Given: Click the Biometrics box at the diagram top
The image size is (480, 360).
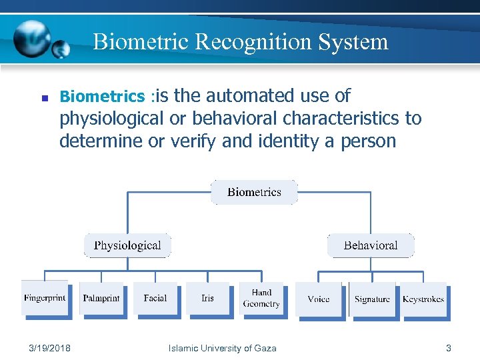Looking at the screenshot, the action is [x=254, y=192].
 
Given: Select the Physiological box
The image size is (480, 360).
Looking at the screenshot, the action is [x=127, y=245].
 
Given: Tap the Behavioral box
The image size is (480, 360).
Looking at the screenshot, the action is [x=371, y=245].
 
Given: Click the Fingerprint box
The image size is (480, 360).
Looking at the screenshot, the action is [x=45, y=298].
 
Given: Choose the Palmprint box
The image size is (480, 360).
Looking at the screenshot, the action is [x=101, y=298].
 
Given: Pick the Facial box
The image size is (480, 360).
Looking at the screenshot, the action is [x=155, y=298].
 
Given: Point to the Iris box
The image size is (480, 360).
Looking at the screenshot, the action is [x=207, y=298].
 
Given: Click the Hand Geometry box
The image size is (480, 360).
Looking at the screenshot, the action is [x=261, y=298].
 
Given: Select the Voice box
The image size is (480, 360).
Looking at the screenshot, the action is [x=319, y=299].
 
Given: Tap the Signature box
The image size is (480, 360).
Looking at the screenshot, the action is [x=372, y=299].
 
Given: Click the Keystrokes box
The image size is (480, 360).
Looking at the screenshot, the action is [x=423, y=299].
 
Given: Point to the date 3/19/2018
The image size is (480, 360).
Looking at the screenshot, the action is [x=51, y=348].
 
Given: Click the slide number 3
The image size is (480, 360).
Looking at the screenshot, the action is [x=449, y=348].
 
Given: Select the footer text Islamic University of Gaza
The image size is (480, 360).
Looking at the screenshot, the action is [x=223, y=348].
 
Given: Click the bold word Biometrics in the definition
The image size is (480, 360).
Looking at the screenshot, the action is [x=102, y=97].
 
